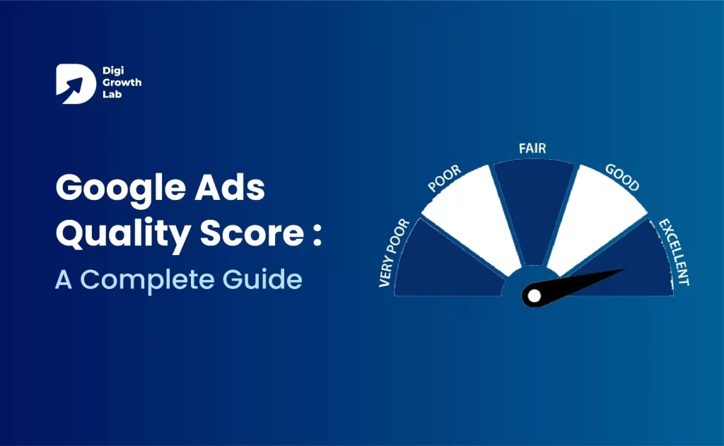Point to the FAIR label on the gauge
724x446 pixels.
pos(533,148)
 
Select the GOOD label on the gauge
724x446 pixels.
pos(623,177)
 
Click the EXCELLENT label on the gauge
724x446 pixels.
pos(674,252)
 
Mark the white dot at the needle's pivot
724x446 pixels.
pos(535,295)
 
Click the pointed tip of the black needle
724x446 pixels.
pos(625,269)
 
